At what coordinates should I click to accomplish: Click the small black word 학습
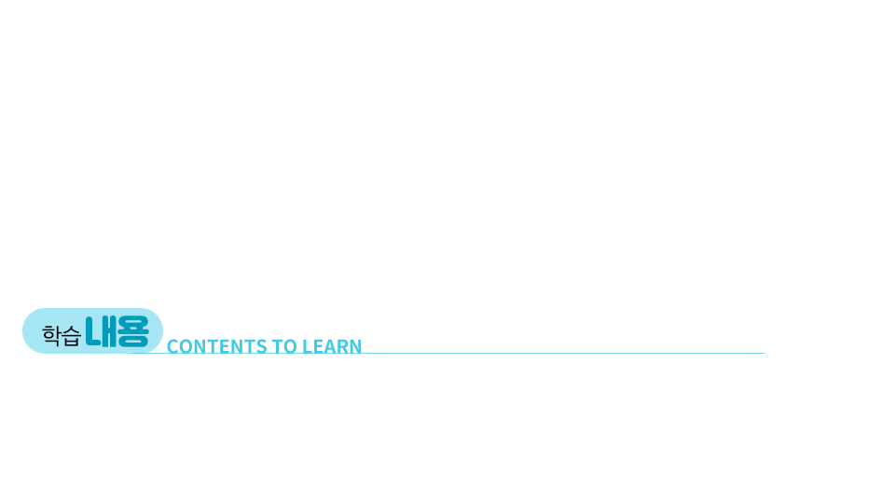pyautogui.click(x=62, y=335)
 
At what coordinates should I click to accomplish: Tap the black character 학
pyautogui.click(x=51, y=335)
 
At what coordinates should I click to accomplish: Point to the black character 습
pyautogui.click(x=72, y=336)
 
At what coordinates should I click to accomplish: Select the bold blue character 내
pyautogui.click(x=101, y=331)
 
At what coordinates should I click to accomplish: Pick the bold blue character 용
pyautogui.click(x=133, y=331)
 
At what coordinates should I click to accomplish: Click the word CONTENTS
pyautogui.click(x=217, y=346)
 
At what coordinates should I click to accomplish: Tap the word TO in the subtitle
pyautogui.click(x=284, y=346)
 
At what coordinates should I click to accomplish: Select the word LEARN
pyautogui.click(x=332, y=346)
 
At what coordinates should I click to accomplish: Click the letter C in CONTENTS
pyautogui.click(x=172, y=346)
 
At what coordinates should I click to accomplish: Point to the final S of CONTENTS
pyautogui.click(x=261, y=346)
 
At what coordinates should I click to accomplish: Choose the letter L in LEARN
pyautogui.click(x=307, y=346)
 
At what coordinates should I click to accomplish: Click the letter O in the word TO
pyautogui.click(x=291, y=346)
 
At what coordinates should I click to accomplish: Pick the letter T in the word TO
pyautogui.click(x=278, y=346)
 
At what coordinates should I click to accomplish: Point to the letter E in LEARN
pyautogui.click(x=318, y=346)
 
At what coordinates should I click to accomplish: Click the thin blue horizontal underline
pyautogui.click(x=448, y=353)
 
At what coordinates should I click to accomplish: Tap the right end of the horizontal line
pyautogui.click(x=764, y=353)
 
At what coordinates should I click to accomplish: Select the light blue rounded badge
pyautogui.click(x=92, y=330)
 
